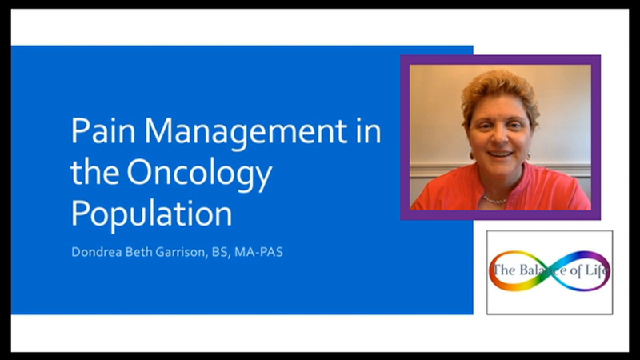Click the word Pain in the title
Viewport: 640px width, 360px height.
tap(103, 130)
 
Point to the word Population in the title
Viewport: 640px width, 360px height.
tap(152, 213)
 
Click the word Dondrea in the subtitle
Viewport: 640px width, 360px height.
tap(96, 252)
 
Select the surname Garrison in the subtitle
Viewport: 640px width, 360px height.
tap(182, 252)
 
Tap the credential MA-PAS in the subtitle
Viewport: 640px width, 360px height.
tap(258, 252)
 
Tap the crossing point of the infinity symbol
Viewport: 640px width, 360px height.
tap(551, 270)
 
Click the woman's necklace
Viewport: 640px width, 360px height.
tap(494, 200)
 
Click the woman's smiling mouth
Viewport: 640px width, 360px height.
tap(501, 154)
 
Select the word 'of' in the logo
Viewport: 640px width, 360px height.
tap(576, 270)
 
